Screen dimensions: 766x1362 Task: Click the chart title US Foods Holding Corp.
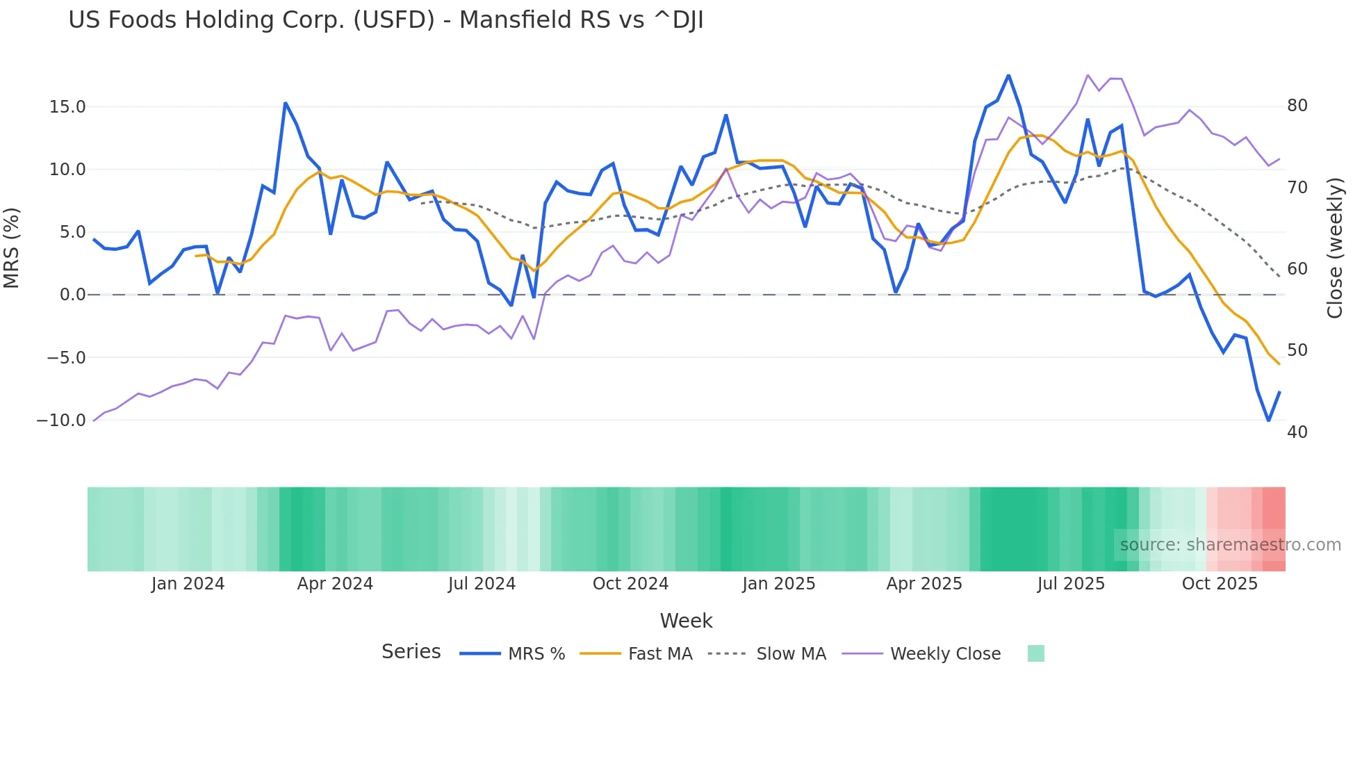(x=386, y=20)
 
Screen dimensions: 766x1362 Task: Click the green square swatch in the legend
(x=1035, y=653)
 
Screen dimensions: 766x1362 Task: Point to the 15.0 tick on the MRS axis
(x=67, y=107)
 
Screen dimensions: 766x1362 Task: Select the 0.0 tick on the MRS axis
(x=72, y=295)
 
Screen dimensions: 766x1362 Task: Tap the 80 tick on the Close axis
(x=1297, y=106)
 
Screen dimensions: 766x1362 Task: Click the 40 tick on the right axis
(x=1297, y=432)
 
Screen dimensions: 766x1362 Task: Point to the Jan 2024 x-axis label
(x=188, y=584)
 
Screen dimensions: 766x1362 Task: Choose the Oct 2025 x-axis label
(x=1220, y=584)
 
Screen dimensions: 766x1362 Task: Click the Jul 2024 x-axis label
(x=482, y=584)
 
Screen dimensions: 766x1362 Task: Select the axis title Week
(x=686, y=621)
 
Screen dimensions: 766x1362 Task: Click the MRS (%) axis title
(x=12, y=248)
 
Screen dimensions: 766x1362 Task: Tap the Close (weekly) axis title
(x=1335, y=248)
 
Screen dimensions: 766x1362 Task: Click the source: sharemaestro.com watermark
(x=1230, y=545)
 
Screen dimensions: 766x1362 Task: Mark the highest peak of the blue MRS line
(x=1008, y=76)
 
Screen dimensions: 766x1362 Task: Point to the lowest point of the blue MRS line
(x=1268, y=421)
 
